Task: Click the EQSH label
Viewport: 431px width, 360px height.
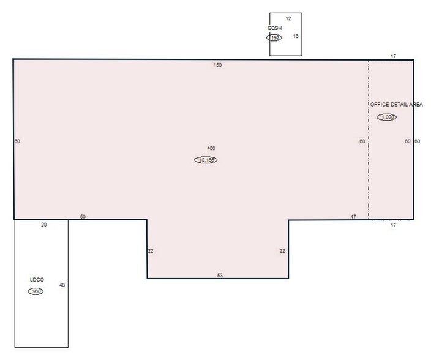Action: click(274, 28)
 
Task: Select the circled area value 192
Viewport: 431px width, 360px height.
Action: click(274, 37)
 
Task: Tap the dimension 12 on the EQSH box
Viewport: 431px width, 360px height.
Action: click(288, 19)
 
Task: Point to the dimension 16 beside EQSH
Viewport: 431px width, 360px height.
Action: click(296, 36)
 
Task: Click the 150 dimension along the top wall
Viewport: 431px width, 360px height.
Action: click(217, 65)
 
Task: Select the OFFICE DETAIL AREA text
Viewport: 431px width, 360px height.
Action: click(396, 105)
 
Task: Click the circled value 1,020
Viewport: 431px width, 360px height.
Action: click(386, 117)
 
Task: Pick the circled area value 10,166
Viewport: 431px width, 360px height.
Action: click(206, 160)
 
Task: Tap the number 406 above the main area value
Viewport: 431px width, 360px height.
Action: click(211, 149)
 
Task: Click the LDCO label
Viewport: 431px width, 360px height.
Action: click(37, 280)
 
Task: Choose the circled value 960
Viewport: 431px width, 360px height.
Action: click(36, 291)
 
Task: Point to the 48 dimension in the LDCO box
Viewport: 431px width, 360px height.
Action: click(62, 285)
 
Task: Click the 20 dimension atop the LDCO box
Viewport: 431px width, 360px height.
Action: click(43, 225)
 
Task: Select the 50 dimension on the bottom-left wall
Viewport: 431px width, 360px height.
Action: click(83, 217)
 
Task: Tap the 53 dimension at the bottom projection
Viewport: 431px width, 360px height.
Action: click(220, 276)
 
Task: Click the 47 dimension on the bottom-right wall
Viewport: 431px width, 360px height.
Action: click(353, 217)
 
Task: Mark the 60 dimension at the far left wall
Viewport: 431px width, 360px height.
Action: click(17, 141)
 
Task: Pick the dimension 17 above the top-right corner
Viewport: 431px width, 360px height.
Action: click(393, 56)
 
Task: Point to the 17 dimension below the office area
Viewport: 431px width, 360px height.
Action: click(393, 225)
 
